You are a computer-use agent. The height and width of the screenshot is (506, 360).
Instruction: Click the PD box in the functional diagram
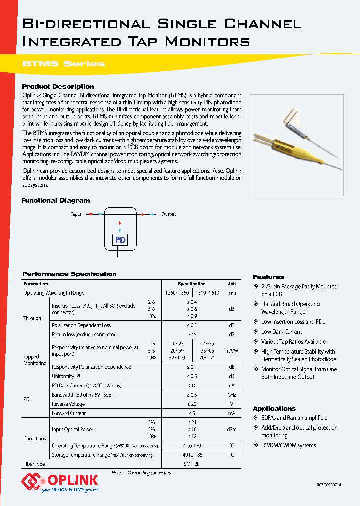tap(120, 240)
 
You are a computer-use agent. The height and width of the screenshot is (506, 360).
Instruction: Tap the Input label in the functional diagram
tap(76, 214)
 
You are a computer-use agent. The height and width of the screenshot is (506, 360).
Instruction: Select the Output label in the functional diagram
tap(168, 214)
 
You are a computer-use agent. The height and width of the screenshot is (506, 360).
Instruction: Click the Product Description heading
tap(58, 86)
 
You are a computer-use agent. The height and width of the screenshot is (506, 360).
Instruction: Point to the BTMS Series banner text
tap(64, 64)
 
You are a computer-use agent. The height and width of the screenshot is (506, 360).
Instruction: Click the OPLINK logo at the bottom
tap(60, 483)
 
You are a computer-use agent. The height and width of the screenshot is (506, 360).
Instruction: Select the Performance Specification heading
tap(69, 274)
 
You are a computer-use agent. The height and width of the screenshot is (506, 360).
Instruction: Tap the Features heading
tap(268, 277)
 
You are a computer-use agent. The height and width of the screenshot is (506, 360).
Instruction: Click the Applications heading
tap(274, 408)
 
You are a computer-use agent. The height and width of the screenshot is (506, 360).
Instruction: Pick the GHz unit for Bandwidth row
tap(231, 394)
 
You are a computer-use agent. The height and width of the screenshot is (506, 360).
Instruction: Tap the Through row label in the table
tap(32, 318)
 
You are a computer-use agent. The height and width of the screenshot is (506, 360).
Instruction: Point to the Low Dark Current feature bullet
tap(281, 332)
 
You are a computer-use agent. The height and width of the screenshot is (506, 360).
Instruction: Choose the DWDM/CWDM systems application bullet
tap(288, 445)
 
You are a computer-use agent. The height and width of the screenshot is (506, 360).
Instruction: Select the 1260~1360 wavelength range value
tap(177, 293)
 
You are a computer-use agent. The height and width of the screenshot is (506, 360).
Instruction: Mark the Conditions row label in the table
tap(35, 438)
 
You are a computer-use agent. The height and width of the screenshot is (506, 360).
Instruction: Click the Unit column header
tap(231, 284)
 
